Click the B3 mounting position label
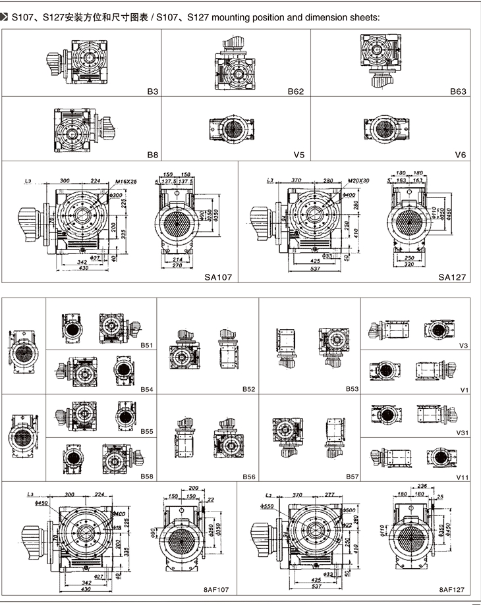pyautogui.click(x=153, y=92)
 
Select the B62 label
pyautogui.click(x=296, y=92)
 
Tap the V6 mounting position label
pyautogui.click(x=460, y=155)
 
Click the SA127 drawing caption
pyautogui.click(x=453, y=278)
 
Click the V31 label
pyautogui.click(x=461, y=433)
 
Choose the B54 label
pyautogui.click(x=146, y=389)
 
